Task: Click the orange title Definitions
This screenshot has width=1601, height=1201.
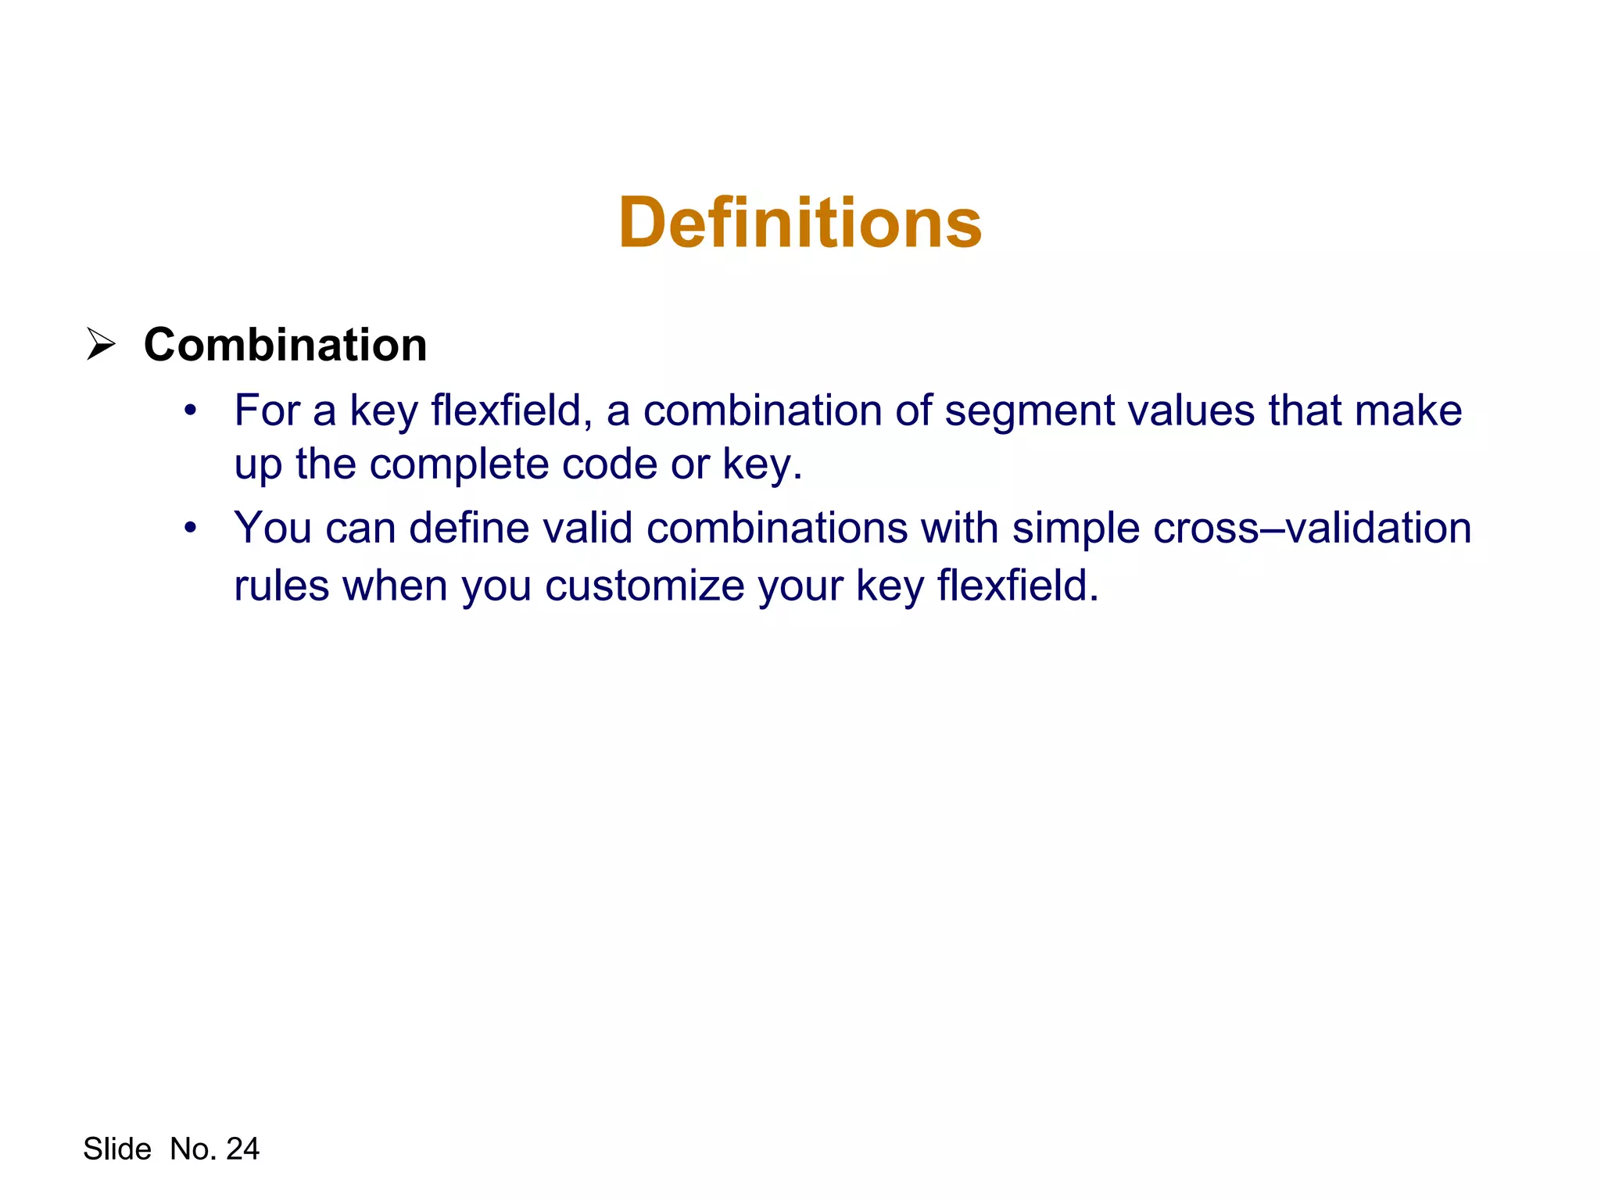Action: [x=800, y=224]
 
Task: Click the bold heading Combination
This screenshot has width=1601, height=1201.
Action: [x=285, y=345]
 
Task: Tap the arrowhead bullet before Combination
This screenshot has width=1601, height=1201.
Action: [x=101, y=345]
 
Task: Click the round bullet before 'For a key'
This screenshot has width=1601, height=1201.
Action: [x=190, y=410]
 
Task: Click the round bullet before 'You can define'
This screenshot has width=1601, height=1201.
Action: [x=190, y=529]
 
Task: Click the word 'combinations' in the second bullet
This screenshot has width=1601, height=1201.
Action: [x=777, y=528]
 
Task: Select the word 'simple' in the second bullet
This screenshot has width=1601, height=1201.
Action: [x=1076, y=529]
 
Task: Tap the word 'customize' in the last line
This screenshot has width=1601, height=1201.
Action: [x=645, y=586]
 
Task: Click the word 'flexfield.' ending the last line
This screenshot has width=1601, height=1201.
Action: [x=1018, y=586]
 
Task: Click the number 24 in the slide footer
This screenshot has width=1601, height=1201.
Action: [x=242, y=1149]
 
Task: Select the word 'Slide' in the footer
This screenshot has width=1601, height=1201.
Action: [x=117, y=1149]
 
